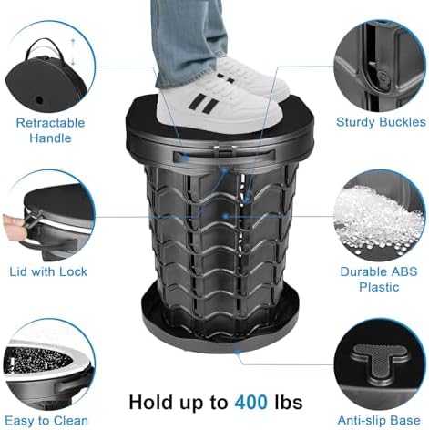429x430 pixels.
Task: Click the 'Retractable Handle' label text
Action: pyautogui.click(x=50, y=128)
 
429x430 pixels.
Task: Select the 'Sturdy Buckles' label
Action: pyautogui.click(x=381, y=121)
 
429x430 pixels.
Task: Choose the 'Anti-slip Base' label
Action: pyautogui.click(x=381, y=420)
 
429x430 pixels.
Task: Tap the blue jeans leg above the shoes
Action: pyautogui.click(x=191, y=32)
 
